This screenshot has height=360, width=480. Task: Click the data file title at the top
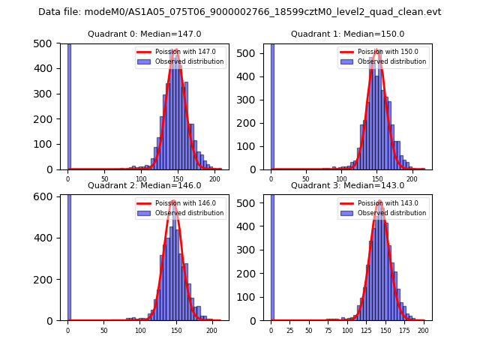(239, 12)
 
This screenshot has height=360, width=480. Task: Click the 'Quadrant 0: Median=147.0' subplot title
(144, 34)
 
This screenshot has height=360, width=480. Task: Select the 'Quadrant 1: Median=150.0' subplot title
(347, 34)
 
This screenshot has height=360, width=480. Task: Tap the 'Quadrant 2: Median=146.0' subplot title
(144, 185)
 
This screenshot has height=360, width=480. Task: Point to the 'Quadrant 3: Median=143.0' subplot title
(347, 185)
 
